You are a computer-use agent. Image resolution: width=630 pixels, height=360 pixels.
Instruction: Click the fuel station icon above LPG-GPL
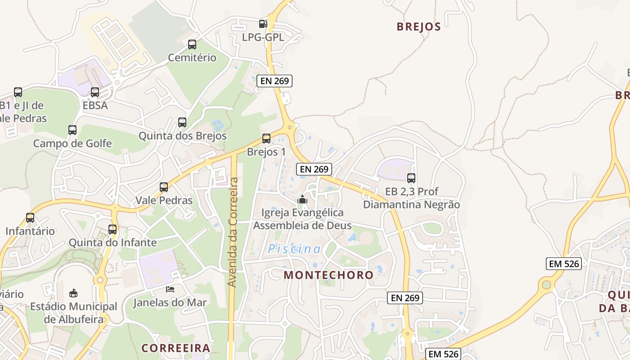263,24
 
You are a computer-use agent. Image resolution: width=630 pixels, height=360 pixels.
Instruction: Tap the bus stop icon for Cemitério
192,45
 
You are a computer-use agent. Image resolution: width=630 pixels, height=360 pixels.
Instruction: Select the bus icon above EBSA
95,92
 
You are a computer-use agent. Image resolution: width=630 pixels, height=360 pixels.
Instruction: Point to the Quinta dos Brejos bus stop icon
182,122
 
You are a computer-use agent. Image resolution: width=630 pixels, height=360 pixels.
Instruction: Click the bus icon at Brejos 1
266,139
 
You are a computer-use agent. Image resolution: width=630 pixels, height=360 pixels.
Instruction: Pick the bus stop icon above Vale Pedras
164,187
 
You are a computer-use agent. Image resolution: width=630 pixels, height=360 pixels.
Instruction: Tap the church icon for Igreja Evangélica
302,199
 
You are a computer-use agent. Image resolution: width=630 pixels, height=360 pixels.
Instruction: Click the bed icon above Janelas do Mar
170,289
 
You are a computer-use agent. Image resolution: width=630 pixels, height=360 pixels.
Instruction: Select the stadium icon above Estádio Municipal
73,293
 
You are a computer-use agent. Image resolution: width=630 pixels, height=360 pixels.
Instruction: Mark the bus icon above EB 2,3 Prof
411,178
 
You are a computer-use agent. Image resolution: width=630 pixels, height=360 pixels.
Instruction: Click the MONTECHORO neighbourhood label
328,275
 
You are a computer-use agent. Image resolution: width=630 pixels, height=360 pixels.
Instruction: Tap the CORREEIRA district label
176,348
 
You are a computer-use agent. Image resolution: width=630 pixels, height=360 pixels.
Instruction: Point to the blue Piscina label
295,249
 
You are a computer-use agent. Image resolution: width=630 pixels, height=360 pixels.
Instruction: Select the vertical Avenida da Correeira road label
233,232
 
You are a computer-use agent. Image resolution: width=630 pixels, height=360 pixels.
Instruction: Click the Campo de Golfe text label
72,144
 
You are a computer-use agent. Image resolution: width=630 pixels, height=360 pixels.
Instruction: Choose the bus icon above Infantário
30,218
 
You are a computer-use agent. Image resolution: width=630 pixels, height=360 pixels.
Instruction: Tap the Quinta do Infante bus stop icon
112,229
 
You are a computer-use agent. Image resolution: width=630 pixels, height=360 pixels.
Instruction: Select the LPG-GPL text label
263,37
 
